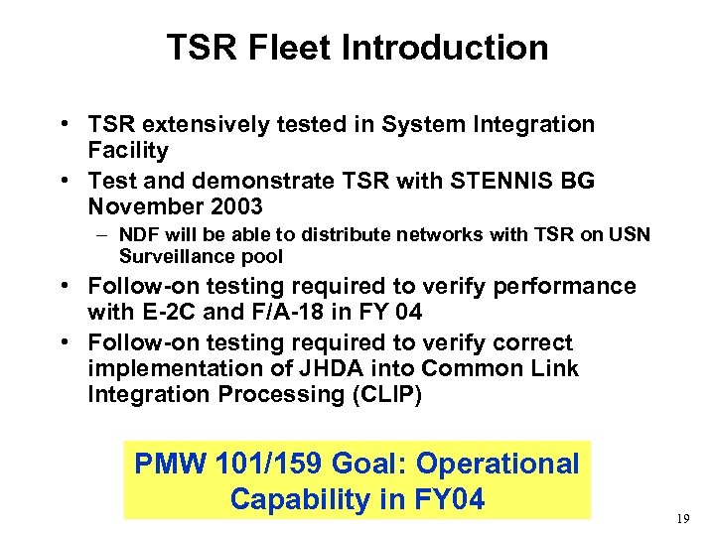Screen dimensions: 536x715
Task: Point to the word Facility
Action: [128, 151]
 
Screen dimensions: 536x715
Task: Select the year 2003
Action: [229, 206]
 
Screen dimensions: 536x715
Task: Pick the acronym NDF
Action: [137, 235]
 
